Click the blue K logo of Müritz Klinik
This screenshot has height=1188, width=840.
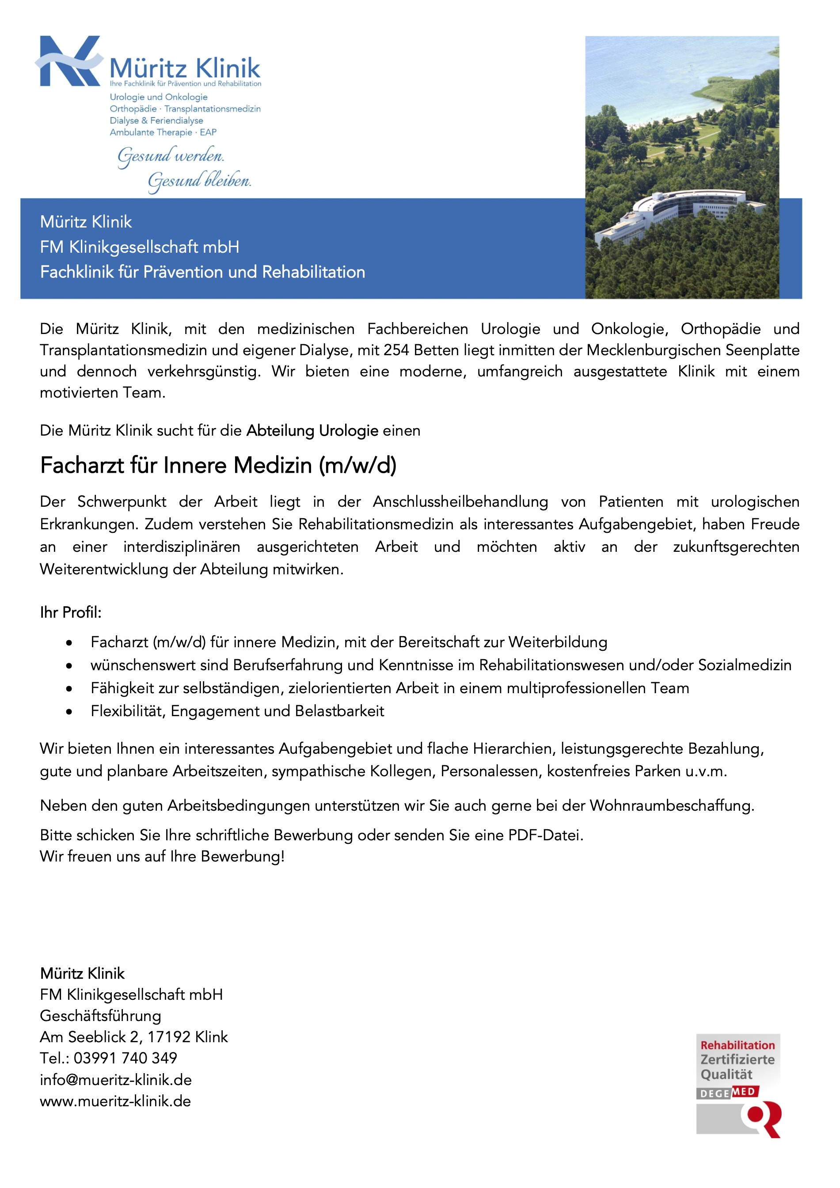point(69,61)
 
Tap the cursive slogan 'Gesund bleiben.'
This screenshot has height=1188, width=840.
point(199,181)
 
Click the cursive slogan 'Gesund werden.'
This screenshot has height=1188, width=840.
point(171,156)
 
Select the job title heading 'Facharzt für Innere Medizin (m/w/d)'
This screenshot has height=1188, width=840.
point(218,465)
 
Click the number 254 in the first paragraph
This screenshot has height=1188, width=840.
point(396,350)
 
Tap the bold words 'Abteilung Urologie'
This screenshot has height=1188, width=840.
point(312,430)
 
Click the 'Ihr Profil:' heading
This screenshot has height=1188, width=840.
point(71,613)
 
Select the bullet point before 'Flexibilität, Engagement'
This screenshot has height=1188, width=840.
point(69,712)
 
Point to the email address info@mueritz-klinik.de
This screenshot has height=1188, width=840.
point(116,1080)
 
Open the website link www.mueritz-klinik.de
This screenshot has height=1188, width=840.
point(115,1101)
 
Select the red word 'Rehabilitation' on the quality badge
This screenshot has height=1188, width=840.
point(737,1045)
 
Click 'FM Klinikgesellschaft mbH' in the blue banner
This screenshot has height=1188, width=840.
point(140,247)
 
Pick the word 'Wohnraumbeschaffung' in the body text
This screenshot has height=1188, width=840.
point(671,806)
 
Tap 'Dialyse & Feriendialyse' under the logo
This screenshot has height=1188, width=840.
point(156,121)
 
